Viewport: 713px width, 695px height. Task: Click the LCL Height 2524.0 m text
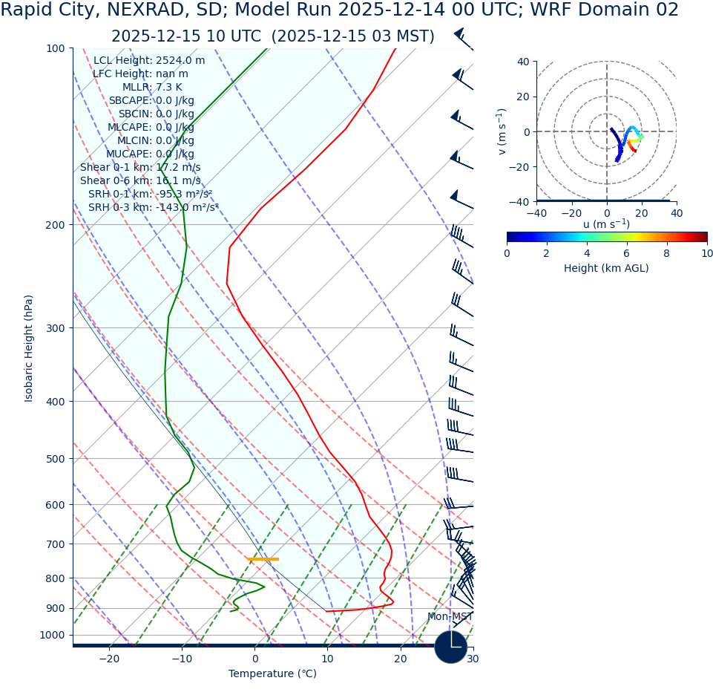pyautogui.click(x=149, y=61)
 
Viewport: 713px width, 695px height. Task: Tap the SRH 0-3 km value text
pyautogui.click(x=154, y=208)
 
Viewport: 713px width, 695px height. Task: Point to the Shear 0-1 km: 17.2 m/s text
pyautogui.click(x=140, y=168)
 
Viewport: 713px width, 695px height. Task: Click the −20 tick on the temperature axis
pyautogui.click(x=108, y=659)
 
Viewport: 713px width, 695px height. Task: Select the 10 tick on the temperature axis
pyautogui.click(x=327, y=659)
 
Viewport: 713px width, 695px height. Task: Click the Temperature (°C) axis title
pyautogui.click(x=272, y=674)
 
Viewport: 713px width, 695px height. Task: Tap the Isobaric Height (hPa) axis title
pyautogui.click(x=29, y=348)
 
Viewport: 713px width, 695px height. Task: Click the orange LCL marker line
pyautogui.click(x=263, y=559)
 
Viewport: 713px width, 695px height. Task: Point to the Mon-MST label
pyautogui.click(x=450, y=617)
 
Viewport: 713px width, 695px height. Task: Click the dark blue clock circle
pyautogui.click(x=450, y=647)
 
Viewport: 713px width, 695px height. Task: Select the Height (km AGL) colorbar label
pyautogui.click(x=606, y=268)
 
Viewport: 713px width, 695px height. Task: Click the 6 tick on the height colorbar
pyautogui.click(x=627, y=253)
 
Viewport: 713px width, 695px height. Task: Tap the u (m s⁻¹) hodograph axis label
pyautogui.click(x=606, y=224)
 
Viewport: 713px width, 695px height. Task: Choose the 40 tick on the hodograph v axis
pyautogui.click(x=522, y=62)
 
